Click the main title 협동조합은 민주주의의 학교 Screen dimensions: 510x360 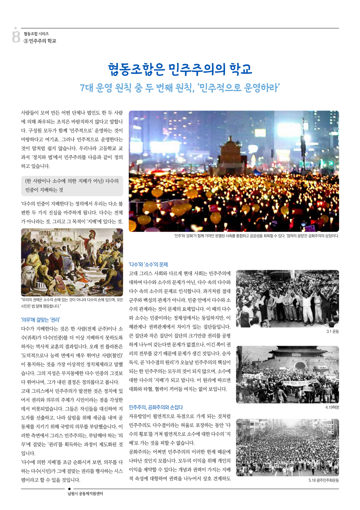click(x=180, y=69)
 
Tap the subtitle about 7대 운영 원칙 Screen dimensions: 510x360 click(x=180, y=88)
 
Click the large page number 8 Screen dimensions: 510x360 click(x=16, y=35)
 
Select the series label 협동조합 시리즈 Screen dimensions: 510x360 click(x=36, y=33)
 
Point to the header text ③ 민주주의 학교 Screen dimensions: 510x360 click(x=40, y=41)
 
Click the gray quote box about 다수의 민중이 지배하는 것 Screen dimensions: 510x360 click(x=72, y=185)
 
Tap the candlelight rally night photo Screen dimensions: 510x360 click(x=234, y=171)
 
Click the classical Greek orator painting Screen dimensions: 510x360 click(x=72, y=262)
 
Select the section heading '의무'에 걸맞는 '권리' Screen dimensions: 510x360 click(x=40, y=319)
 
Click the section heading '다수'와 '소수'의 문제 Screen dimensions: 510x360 click(x=148, y=264)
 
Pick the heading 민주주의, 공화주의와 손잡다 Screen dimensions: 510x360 click(x=156, y=407)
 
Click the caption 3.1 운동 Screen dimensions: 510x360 click(x=332, y=331)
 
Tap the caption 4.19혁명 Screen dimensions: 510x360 click(x=332, y=407)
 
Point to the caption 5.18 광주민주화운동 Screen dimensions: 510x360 click(x=323, y=480)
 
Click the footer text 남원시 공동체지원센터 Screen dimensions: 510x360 click(x=85, y=493)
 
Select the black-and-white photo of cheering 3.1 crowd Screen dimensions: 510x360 click(x=287, y=299)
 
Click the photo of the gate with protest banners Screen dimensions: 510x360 click(x=287, y=375)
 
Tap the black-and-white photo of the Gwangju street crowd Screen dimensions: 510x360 click(x=287, y=447)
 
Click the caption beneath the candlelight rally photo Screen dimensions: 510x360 click(x=256, y=236)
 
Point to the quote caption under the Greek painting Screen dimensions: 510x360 click(x=72, y=303)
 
